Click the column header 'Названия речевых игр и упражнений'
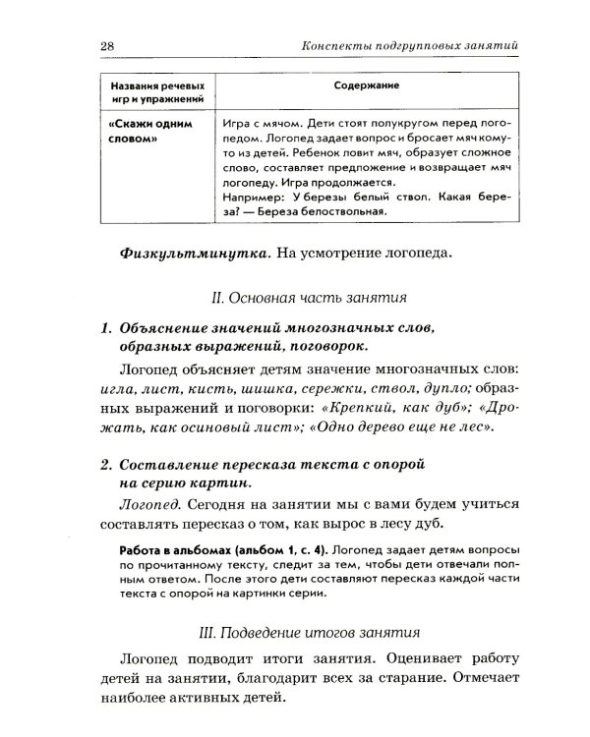pyautogui.click(x=157, y=91)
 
